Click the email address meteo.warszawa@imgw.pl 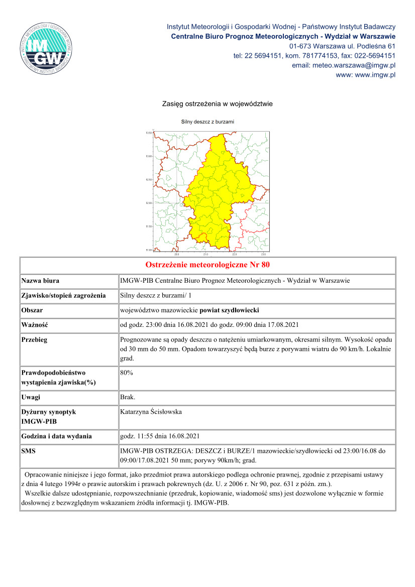click(344, 65)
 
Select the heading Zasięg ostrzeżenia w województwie click(217, 104)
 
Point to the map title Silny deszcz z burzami click(207, 122)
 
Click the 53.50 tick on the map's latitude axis click(149, 133)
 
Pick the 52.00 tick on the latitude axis click(149, 203)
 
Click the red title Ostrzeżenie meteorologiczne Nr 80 click(207, 265)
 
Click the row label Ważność click(34, 325)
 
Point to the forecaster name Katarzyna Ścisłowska click(151, 412)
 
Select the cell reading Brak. click(128, 397)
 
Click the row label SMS click(29, 451)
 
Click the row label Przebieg click(34, 339)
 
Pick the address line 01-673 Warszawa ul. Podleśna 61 click(346, 46)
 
